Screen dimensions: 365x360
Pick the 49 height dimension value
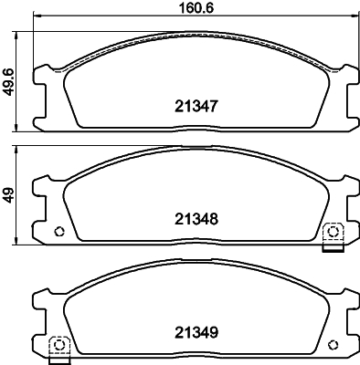coord(9,193)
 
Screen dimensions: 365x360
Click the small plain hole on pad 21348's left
coord(59,231)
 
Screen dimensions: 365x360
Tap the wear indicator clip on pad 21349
coord(58,346)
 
